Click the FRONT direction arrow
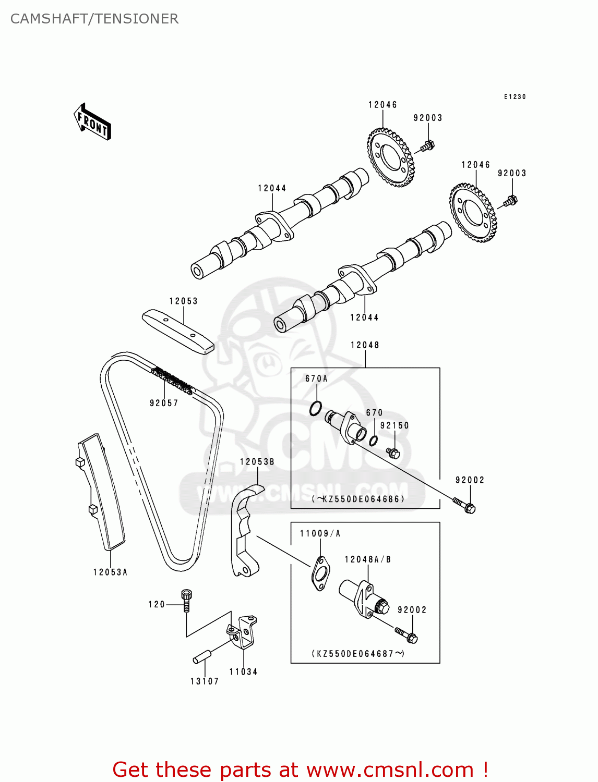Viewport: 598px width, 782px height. click(x=92, y=122)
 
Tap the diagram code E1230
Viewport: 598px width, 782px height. click(x=515, y=96)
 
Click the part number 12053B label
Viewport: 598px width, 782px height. click(x=257, y=462)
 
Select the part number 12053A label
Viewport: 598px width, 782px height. click(x=110, y=572)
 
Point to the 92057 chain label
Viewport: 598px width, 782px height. click(x=164, y=403)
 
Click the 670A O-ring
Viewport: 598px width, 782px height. click(x=315, y=408)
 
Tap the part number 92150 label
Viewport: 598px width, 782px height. click(x=394, y=425)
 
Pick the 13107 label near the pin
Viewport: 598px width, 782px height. click(x=205, y=681)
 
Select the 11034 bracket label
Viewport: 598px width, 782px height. click(x=244, y=671)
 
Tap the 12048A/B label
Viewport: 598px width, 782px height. click(x=368, y=559)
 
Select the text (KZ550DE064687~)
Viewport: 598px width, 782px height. click(x=358, y=653)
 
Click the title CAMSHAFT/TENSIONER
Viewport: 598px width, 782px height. click(x=94, y=19)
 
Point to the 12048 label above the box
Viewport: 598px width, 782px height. click(x=365, y=345)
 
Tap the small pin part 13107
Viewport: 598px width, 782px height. click(x=201, y=656)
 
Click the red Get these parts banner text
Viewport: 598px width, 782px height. click(x=300, y=769)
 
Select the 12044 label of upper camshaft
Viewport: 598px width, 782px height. click(x=272, y=188)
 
